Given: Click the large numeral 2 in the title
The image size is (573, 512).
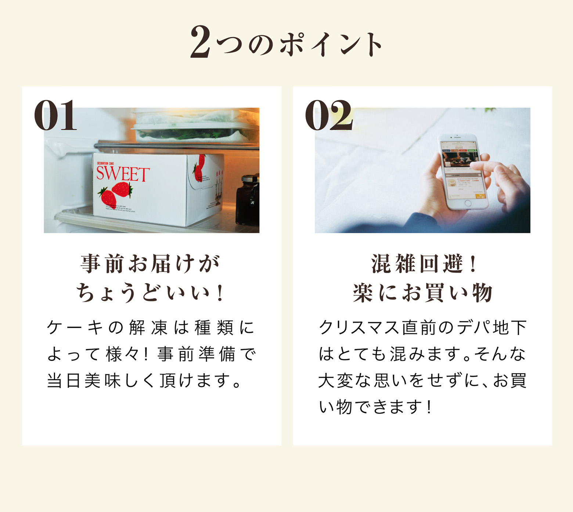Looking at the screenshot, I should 200,42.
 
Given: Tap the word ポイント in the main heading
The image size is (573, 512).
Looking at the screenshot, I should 331,44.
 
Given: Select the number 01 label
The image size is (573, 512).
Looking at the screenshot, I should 55,116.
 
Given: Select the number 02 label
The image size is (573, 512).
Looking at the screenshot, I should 328,116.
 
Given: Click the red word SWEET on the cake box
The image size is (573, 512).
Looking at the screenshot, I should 123,174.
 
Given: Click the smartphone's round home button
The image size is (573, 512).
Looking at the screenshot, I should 468,203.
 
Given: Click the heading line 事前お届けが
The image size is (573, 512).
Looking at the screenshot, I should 151,264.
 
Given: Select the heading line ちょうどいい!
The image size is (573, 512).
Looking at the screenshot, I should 151,293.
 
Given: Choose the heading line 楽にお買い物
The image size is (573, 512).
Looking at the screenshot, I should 422,293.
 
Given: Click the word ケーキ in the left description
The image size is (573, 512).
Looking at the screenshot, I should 75,327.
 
